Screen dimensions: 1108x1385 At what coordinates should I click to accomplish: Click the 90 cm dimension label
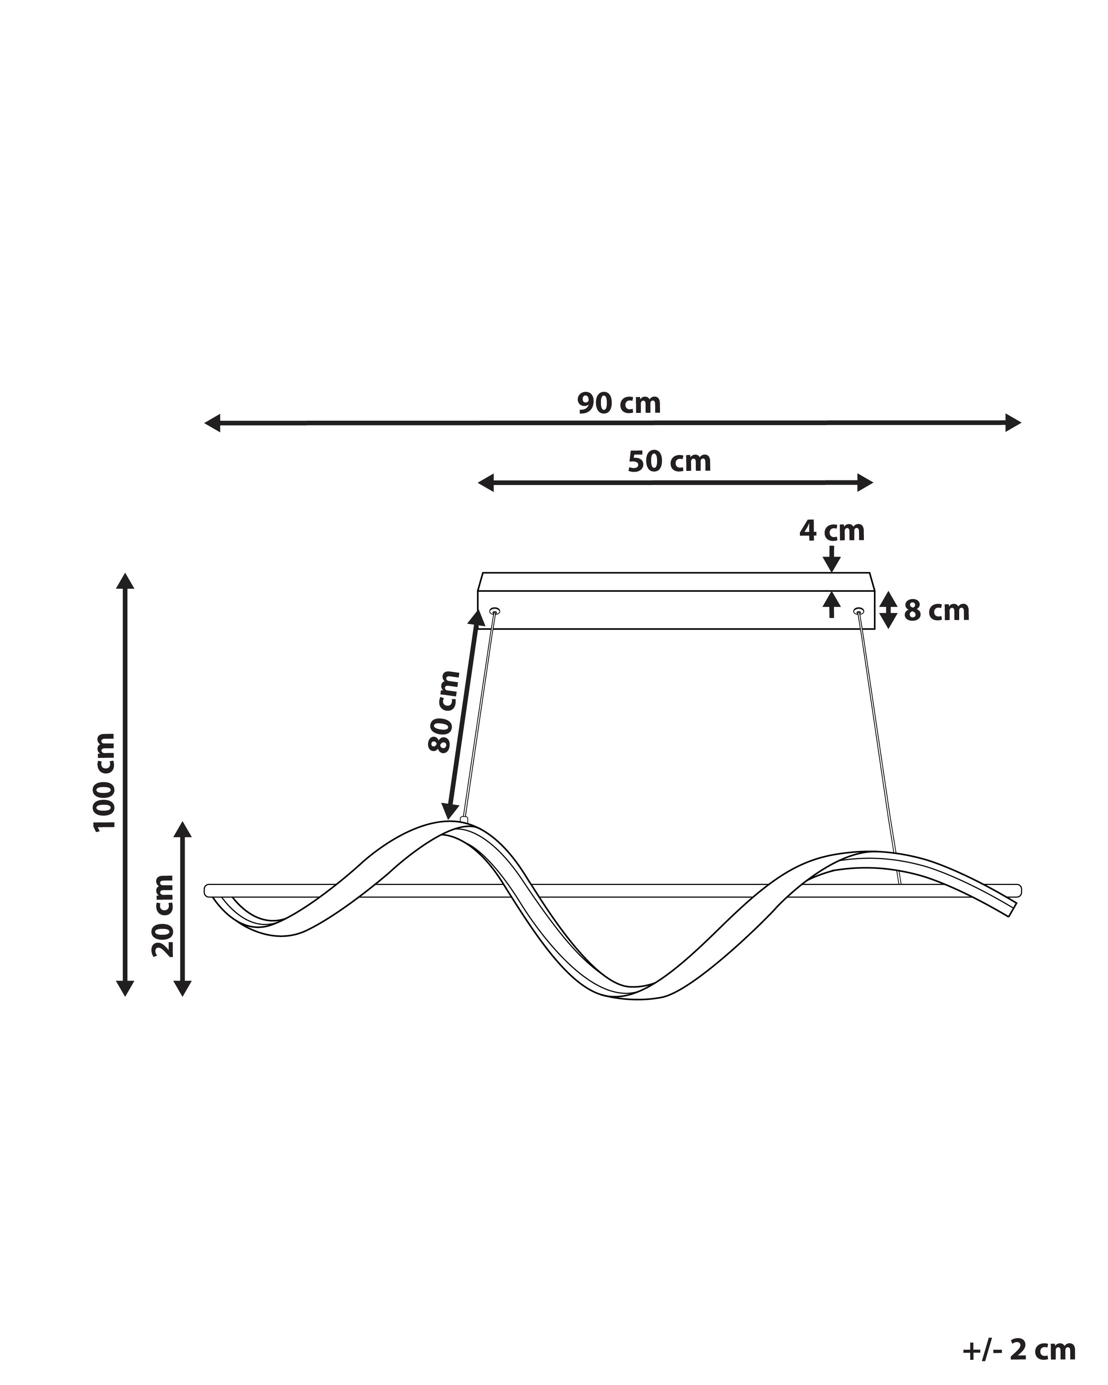click(618, 403)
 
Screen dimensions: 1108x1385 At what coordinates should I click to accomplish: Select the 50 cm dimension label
click(669, 461)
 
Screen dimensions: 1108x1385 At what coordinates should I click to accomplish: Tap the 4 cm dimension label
click(832, 531)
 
